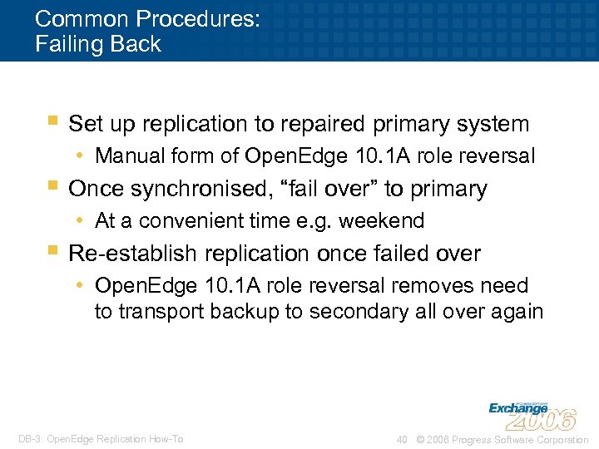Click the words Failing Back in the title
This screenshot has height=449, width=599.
98,44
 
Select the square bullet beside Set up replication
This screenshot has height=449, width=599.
52,121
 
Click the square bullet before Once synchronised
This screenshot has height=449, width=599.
52,185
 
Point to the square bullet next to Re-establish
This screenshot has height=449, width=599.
52,249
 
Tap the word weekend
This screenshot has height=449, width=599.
385,220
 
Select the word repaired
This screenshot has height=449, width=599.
325,125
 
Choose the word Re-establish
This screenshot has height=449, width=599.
131,253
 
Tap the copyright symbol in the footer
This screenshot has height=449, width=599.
418,439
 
